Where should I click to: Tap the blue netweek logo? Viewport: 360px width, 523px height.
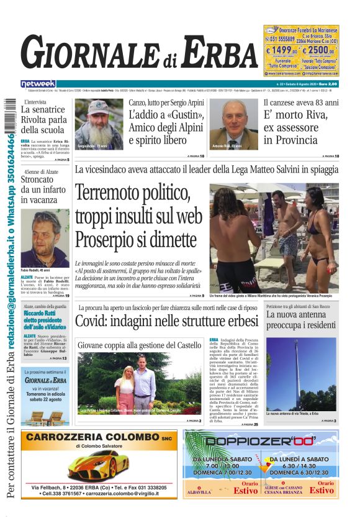click(x=38, y=84)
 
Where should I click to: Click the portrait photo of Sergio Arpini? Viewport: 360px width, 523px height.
click(x=99, y=124)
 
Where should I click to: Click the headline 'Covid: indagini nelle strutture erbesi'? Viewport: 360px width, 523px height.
click(x=166, y=321)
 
